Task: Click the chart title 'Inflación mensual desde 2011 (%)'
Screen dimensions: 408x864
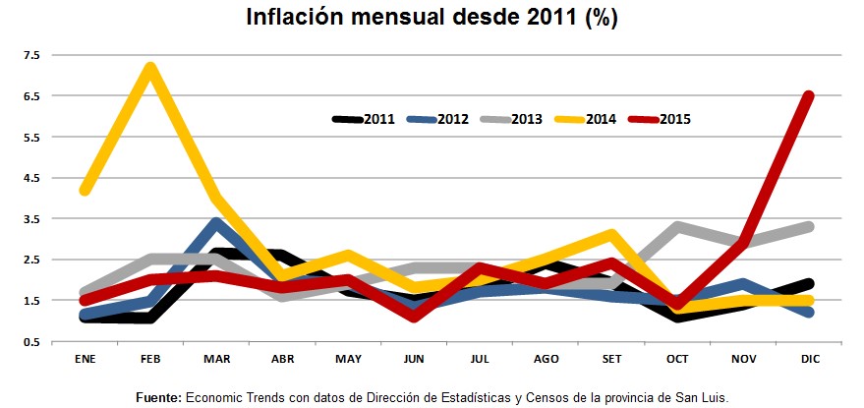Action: (x=432, y=19)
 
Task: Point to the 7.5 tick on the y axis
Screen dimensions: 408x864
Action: (x=29, y=55)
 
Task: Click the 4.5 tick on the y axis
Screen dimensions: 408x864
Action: (x=29, y=178)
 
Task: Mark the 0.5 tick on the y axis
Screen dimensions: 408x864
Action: (x=29, y=341)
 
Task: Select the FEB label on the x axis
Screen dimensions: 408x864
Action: (x=150, y=358)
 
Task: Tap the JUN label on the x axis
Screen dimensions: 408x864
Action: (x=414, y=358)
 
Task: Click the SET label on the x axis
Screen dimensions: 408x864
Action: (x=611, y=358)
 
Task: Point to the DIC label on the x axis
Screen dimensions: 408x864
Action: (x=809, y=358)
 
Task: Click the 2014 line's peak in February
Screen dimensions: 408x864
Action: (x=150, y=68)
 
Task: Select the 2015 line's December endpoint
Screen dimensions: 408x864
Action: (x=808, y=96)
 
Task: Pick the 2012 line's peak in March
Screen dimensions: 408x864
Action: (x=217, y=223)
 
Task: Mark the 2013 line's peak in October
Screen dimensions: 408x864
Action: (x=677, y=227)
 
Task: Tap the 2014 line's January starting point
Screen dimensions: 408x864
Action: (x=86, y=190)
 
